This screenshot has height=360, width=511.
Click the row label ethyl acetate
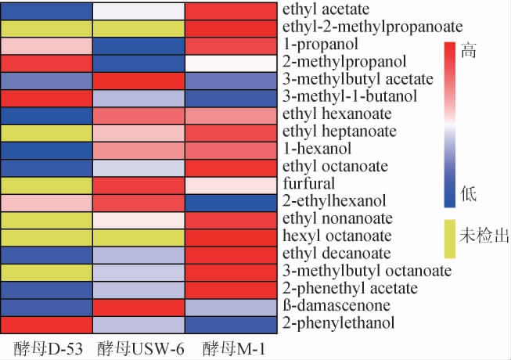tap(320, 10)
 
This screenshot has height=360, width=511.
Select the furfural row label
tap(308, 183)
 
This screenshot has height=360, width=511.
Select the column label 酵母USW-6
tap(139, 347)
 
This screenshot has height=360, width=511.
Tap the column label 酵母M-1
tap(233, 347)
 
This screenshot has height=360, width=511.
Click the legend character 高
tap(469, 52)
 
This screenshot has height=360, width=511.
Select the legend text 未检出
tap(484, 235)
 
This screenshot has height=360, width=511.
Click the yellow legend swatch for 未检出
tap(450, 237)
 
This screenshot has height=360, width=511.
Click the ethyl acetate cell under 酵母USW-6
tap(139, 11)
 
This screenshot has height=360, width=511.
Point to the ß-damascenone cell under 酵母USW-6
tap(139, 305)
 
